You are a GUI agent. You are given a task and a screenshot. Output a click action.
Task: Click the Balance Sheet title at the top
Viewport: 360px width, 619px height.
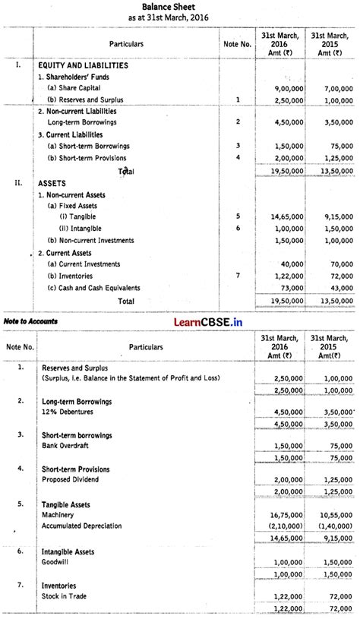pyautogui.click(x=180, y=5)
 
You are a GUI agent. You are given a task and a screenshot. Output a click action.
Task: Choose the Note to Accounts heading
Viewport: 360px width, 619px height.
pyautogui.click(x=30, y=321)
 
